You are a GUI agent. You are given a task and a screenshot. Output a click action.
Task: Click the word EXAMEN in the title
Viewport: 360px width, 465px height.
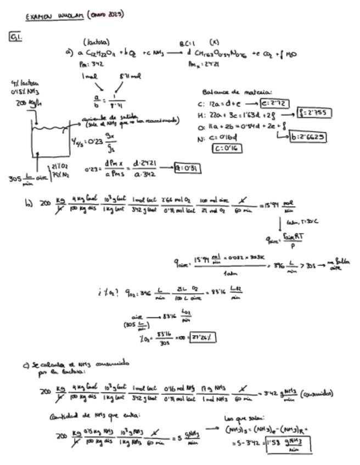[38, 16]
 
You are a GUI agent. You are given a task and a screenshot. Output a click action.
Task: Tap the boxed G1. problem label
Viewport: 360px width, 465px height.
[15, 37]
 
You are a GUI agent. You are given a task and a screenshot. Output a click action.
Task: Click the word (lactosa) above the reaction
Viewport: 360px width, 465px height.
[97, 42]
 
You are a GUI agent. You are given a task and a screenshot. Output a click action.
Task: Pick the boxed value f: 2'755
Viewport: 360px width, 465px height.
[314, 114]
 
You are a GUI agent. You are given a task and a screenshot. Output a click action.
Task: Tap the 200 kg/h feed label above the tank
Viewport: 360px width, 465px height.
[29, 103]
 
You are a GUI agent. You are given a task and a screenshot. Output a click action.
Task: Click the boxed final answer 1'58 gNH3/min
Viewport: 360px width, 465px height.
[288, 443]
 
